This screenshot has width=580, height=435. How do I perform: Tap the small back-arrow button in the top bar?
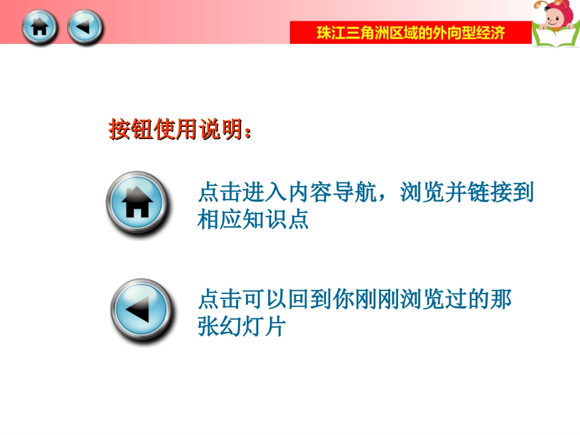click(85, 27)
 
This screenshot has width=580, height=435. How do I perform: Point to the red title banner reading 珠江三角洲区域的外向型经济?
click(410, 33)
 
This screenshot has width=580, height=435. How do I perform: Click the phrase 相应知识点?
click(253, 220)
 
